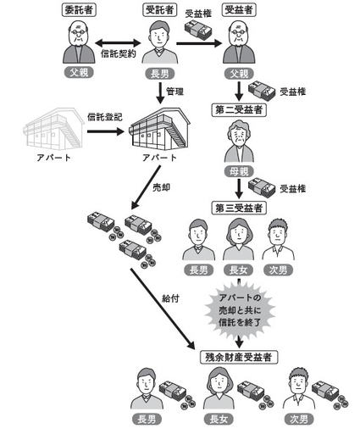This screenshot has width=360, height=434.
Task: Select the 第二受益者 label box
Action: (x=240, y=109)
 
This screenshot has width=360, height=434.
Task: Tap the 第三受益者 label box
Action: (x=241, y=208)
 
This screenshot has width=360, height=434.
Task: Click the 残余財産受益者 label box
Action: (x=241, y=357)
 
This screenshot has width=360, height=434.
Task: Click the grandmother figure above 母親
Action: (x=240, y=142)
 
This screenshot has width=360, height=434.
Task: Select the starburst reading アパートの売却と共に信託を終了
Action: (x=240, y=310)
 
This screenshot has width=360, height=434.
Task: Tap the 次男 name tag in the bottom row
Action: (x=299, y=420)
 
